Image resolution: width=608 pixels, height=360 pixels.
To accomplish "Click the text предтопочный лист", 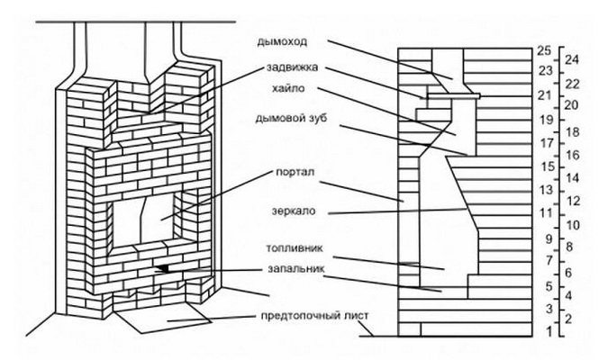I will click(313, 315).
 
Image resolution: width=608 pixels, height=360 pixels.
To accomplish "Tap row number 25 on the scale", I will click(543, 50).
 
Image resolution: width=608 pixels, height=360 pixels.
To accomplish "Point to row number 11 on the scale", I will click(543, 213).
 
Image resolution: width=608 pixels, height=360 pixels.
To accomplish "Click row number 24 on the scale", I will click(570, 59).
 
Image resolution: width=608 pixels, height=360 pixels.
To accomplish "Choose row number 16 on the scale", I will click(570, 154).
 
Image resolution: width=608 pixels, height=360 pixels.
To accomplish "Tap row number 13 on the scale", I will click(543, 190).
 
